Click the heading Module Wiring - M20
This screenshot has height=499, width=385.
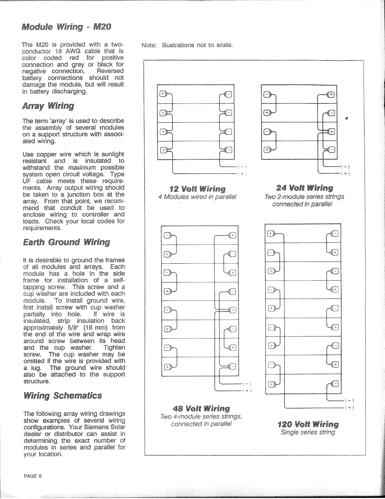tap(66, 27)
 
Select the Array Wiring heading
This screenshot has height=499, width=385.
tap(48, 106)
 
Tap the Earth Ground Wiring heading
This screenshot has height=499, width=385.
tap(66, 242)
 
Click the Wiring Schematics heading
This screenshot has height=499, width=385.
tap(62, 396)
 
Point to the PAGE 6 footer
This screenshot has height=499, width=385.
tap(33, 476)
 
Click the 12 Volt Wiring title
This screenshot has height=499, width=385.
tap(198, 189)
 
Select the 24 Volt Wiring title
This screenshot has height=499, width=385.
tap(304, 188)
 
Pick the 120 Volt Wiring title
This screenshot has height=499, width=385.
tap(308, 424)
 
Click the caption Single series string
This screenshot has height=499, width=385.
tap(308, 432)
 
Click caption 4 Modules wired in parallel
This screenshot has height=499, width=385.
tap(197, 197)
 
